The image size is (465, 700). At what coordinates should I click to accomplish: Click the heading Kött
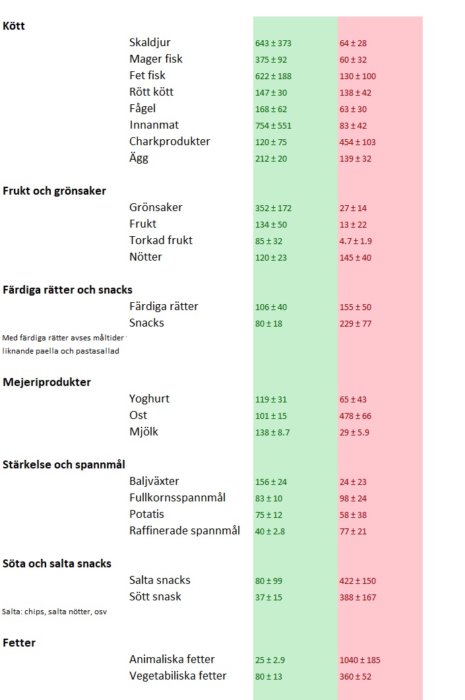14,26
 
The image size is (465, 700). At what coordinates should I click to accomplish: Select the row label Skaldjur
150,43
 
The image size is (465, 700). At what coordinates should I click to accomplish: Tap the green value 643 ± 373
273,44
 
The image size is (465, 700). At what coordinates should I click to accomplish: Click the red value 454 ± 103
357,143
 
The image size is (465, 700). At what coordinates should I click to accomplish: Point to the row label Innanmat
154,125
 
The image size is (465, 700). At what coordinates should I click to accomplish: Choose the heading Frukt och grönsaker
54,191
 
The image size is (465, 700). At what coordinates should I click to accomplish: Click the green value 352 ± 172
273,208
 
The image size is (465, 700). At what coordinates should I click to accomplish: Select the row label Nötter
145,257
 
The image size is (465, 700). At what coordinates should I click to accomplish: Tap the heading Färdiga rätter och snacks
67,290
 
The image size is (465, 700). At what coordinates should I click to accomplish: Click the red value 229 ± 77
355,324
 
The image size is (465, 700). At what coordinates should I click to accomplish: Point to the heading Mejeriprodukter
47,382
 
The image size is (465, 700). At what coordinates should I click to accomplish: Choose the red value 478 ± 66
355,416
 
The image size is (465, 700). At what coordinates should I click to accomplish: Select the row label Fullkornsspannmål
177,497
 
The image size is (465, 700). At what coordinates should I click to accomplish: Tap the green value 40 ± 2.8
270,532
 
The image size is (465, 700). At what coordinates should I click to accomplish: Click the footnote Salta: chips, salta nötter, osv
54,612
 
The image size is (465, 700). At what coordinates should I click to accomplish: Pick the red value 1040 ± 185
360,660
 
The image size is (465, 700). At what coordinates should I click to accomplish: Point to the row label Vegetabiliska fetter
177,676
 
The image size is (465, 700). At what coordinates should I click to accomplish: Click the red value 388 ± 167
357,598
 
